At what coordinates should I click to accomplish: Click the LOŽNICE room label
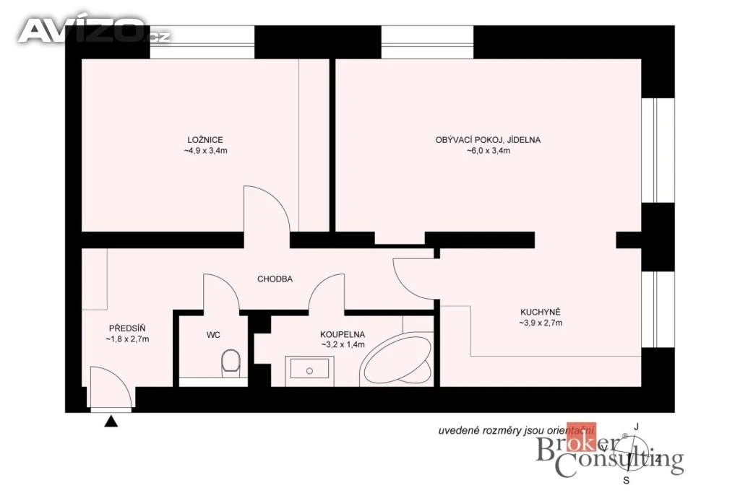205,140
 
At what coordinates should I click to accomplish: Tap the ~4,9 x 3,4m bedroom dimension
205,151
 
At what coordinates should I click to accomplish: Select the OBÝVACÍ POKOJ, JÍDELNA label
488,140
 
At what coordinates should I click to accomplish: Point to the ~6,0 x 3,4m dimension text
489,151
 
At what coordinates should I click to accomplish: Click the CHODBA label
275,279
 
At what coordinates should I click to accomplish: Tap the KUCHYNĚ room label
541,312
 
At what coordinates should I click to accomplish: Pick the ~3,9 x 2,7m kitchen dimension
541,323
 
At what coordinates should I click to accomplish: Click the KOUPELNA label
342,335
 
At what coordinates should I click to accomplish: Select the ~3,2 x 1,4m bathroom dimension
343,344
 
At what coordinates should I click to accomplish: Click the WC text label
213,335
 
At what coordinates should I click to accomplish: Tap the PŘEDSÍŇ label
127,328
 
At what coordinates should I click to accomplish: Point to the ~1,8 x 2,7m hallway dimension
127,339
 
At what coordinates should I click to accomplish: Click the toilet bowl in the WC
231,362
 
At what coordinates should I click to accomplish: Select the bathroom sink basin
309,368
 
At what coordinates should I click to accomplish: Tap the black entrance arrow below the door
111,422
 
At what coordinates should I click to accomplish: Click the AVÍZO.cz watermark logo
95,30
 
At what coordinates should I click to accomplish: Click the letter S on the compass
627,481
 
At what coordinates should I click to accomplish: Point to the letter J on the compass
636,427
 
